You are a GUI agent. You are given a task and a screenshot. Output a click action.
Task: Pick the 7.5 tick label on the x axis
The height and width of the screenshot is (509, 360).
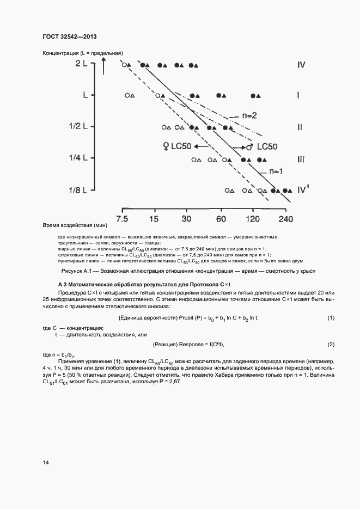(123, 219)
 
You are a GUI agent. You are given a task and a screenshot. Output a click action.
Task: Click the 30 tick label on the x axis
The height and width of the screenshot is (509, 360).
(187, 219)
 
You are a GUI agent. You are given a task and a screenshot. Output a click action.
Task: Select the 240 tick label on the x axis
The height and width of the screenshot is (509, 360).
(285, 219)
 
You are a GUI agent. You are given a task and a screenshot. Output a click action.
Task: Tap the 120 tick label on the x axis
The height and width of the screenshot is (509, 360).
(253, 219)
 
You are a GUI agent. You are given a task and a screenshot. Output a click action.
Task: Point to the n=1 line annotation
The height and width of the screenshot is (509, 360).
(274, 171)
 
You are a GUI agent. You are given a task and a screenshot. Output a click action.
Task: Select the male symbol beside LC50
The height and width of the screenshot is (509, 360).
(248, 147)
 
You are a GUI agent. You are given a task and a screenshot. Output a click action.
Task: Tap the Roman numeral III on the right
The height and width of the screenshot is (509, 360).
(301, 159)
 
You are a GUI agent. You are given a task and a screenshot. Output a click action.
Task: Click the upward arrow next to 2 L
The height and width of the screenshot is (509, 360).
(103, 68)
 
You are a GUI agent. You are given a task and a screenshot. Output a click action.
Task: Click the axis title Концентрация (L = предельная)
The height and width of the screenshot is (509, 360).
(82, 53)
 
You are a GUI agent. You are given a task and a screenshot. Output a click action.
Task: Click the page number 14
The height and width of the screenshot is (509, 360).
(46, 462)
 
